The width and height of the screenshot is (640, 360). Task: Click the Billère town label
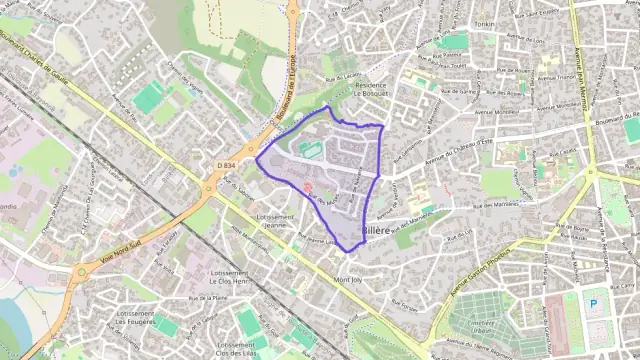tap(375, 231)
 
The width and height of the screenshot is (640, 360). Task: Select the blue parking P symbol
tap(594, 304)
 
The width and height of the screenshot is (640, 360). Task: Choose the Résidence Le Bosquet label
tap(370, 91)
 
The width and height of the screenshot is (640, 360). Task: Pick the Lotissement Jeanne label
tap(274, 221)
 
